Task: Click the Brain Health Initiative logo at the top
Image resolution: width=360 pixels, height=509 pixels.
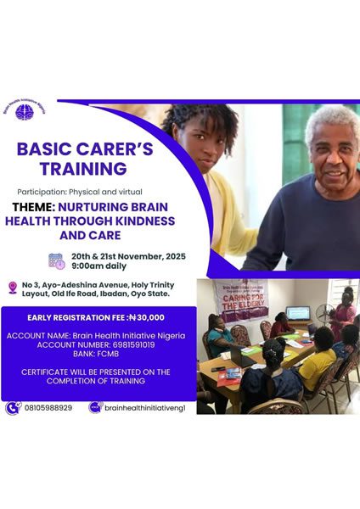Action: click(25, 110)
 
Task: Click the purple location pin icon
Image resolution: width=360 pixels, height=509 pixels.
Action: click(13, 288)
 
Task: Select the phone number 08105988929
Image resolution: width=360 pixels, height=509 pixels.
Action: click(48, 407)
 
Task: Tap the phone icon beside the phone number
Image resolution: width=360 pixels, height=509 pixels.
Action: click(13, 407)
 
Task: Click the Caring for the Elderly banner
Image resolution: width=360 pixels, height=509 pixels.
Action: click(239, 298)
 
